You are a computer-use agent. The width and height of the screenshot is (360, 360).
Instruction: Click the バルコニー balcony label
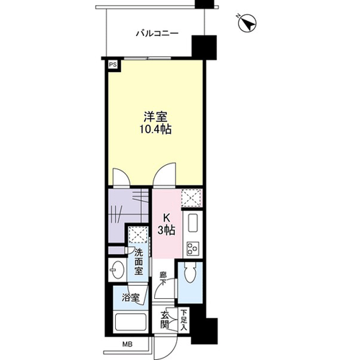click(x=157, y=33)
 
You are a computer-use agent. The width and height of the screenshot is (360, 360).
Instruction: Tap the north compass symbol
click(x=247, y=23)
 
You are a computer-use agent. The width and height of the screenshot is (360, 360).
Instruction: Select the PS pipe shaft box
click(x=113, y=65)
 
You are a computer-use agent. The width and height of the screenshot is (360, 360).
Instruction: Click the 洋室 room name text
click(x=156, y=117)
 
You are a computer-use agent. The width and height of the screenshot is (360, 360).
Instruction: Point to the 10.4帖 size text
click(x=156, y=130)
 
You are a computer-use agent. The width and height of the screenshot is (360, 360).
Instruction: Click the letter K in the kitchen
click(x=166, y=218)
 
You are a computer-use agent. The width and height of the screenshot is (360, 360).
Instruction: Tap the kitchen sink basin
click(x=193, y=223)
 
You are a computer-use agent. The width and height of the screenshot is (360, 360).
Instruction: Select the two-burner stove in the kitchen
click(x=193, y=248)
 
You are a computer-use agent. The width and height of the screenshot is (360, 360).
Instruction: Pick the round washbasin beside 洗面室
click(x=117, y=270)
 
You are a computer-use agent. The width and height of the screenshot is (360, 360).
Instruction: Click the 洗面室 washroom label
click(x=138, y=262)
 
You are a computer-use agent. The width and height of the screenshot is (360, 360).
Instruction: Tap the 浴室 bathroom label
click(x=130, y=298)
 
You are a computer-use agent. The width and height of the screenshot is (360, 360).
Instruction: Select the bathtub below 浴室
click(x=130, y=322)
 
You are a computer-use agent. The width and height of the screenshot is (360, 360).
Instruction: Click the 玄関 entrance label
click(x=165, y=320)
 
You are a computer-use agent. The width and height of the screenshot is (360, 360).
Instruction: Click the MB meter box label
click(x=127, y=345)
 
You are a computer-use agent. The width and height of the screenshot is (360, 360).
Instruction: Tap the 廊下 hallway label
click(x=164, y=279)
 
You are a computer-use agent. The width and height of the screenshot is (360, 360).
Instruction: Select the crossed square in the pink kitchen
click(x=192, y=198)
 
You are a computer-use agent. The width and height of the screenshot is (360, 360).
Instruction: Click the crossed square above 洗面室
click(x=138, y=235)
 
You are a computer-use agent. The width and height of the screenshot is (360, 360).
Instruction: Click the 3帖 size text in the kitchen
click(x=166, y=230)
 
